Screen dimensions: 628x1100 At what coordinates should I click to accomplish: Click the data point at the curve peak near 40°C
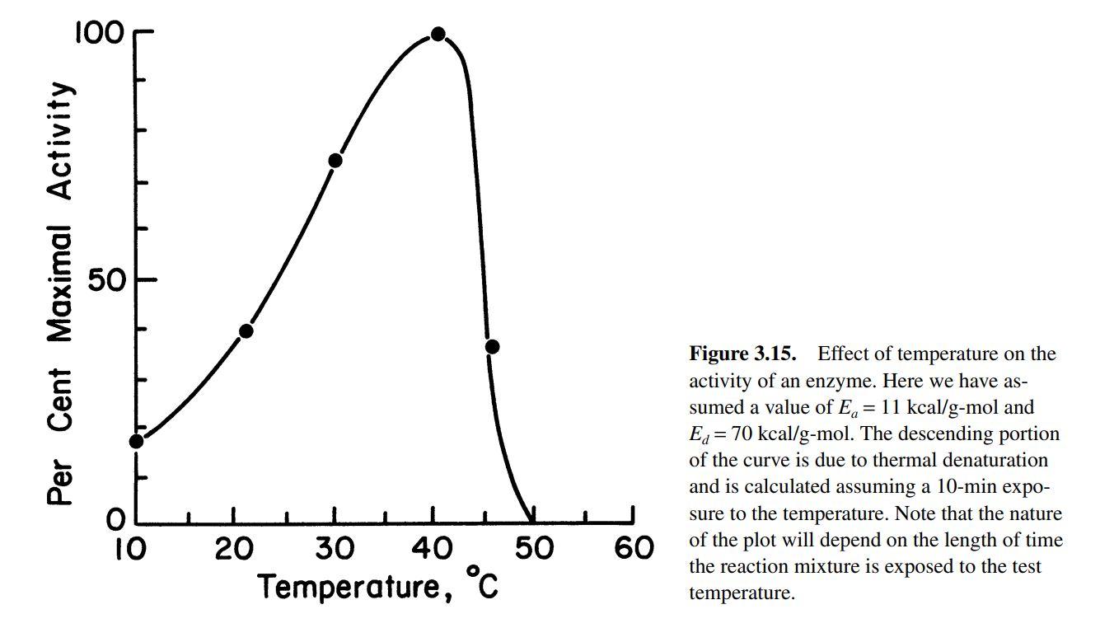click(x=438, y=35)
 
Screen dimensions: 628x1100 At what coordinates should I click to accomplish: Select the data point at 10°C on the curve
click(x=136, y=441)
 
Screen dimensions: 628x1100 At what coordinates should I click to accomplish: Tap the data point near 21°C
click(x=246, y=331)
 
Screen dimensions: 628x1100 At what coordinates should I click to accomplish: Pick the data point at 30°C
click(x=335, y=160)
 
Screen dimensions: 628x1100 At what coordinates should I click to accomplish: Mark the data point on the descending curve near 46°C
click(x=492, y=346)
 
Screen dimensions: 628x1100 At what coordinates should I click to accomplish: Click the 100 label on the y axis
click(x=99, y=33)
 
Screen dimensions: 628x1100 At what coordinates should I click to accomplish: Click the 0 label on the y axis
click(x=115, y=521)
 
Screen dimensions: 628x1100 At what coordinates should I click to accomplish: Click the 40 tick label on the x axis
click(x=433, y=549)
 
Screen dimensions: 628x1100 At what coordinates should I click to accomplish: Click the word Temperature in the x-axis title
click(x=350, y=588)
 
